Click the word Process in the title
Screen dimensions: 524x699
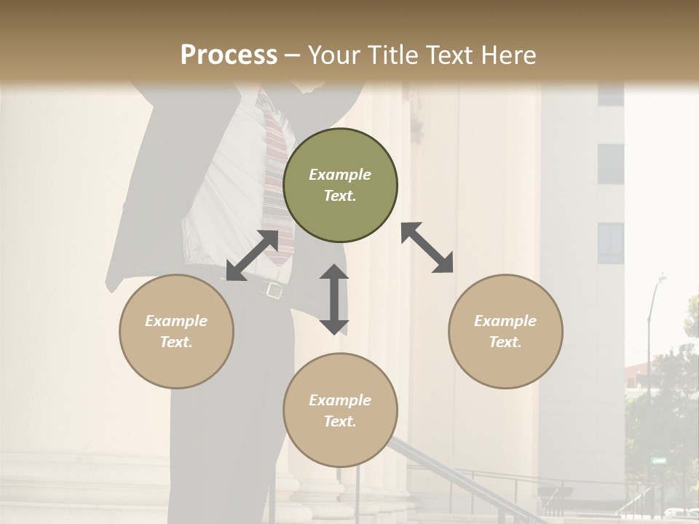click(229, 55)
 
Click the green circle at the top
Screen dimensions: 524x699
click(340, 186)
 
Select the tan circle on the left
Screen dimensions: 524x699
click(176, 331)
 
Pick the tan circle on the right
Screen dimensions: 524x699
click(505, 331)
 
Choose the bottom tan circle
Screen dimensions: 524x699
click(340, 410)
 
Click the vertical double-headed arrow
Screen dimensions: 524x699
click(334, 299)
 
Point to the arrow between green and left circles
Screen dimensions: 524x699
click(252, 255)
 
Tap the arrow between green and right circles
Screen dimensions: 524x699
click(427, 247)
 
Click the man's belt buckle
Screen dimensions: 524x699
click(275, 290)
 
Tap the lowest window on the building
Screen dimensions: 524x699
click(611, 243)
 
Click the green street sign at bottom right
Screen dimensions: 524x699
click(659, 461)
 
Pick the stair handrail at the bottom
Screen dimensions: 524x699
click(451, 473)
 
